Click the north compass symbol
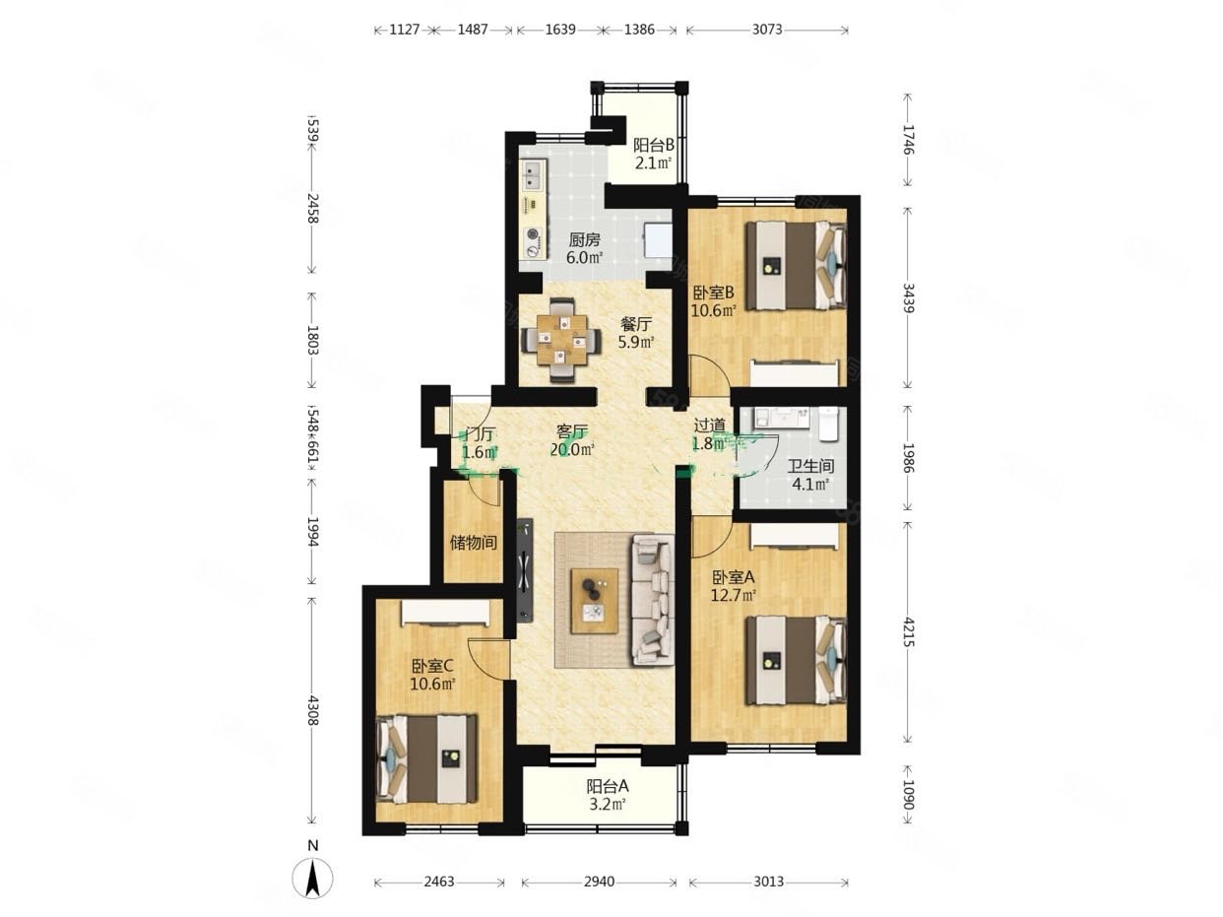point(312,877)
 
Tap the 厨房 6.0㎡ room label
point(584,248)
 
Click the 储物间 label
point(473,543)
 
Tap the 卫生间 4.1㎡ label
point(810,475)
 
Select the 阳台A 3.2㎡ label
point(607,795)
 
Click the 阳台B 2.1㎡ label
point(653,154)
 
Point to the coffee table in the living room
point(595,600)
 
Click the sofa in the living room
point(652,599)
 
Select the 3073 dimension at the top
point(767,30)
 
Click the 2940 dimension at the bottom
point(599,882)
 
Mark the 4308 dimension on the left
point(312,710)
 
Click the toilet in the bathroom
point(828,424)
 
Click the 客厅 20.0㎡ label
point(572,440)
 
